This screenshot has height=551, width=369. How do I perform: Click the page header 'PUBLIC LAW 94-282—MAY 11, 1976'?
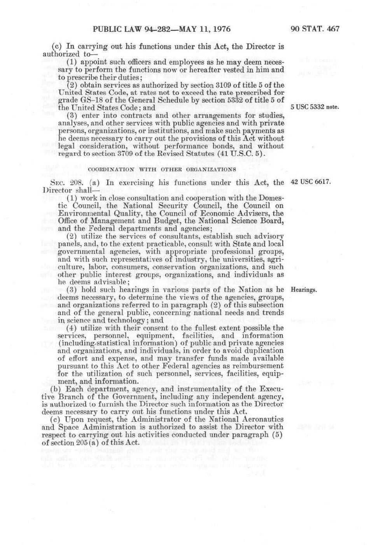click(161, 29)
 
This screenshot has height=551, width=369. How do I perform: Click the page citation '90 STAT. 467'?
click(315, 29)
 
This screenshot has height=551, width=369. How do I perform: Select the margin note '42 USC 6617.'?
click(310, 182)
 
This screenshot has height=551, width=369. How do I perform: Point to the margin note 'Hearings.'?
click(303, 290)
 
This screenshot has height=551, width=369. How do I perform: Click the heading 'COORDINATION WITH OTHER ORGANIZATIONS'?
click(162, 169)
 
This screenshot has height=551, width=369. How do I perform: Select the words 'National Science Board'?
click(247, 221)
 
